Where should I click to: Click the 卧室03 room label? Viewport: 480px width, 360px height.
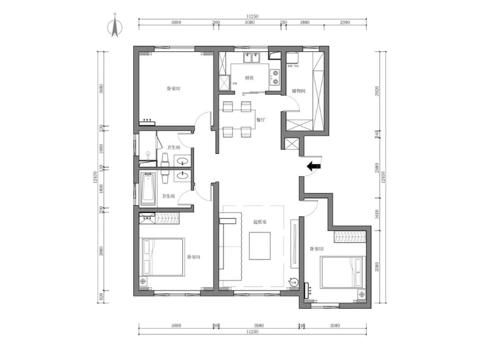[x=173, y=88]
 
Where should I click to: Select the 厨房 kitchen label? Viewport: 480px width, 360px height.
[x=249, y=77]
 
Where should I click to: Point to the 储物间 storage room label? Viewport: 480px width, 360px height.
[x=299, y=91]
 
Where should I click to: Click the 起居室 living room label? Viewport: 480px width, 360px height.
[x=260, y=222]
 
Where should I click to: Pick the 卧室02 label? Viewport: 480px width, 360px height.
[x=317, y=249]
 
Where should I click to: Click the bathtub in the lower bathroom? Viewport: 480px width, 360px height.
[x=148, y=190]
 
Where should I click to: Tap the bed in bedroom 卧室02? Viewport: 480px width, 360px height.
[x=342, y=272]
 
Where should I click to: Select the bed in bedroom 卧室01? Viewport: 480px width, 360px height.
[x=163, y=257]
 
